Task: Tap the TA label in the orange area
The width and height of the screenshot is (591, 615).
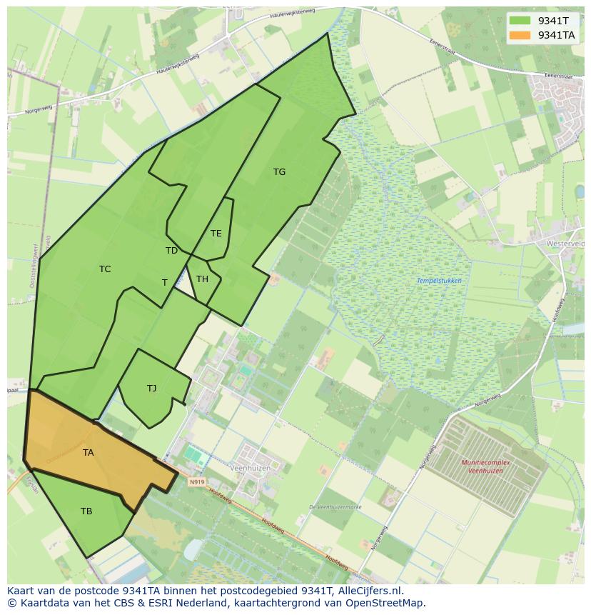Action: pyautogui.click(x=88, y=453)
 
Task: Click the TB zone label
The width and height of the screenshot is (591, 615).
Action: pyautogui.click(x=86, y=511)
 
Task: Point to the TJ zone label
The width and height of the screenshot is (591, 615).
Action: pyautogui.click(x=151, y=389)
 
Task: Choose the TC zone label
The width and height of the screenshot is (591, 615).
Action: pyautogui.click(x=105, y=269)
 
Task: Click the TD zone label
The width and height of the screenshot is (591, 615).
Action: pyautogui.click(x=171, y=251)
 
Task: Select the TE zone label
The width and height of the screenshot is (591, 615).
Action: pyautogui.click(x=216, y=234)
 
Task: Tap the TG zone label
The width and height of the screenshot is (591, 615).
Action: pyautogui.click(x=279, y=172)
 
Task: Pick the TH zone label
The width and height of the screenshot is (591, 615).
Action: pyautogui.click(x=202, y=279)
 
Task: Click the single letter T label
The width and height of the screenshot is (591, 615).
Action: pyautogui.click(x=164, y=283)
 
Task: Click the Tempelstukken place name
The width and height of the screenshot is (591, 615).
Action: pyautogui.click(x=439, y=281)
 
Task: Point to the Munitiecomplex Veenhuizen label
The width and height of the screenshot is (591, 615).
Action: pyautogui.click(x=492, y=466)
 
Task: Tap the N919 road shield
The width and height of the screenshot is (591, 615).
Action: pyautogui.click(x=197, y=482)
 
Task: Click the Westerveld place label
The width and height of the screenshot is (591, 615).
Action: pyautogui.click(x=565, y=244)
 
